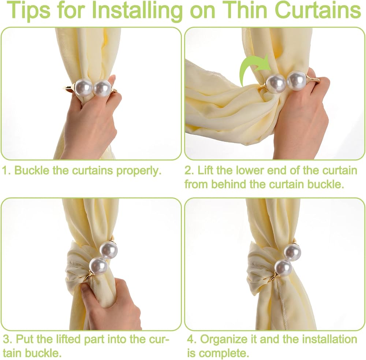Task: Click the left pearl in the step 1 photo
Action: pyautogui.click(x=83, y=88)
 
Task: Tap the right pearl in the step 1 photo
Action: pyautogui.click(x=102, y=88)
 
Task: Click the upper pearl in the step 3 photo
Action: pyautogui.click(x=109, y=250)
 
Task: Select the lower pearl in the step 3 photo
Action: pyautogui.click(x=98, y=266)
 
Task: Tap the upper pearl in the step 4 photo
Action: pyautogui.click(x=292, y=252)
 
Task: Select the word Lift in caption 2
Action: pyautogui.click(x=205, y=170)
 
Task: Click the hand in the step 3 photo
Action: pyautogui.click(x=110, y=304)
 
